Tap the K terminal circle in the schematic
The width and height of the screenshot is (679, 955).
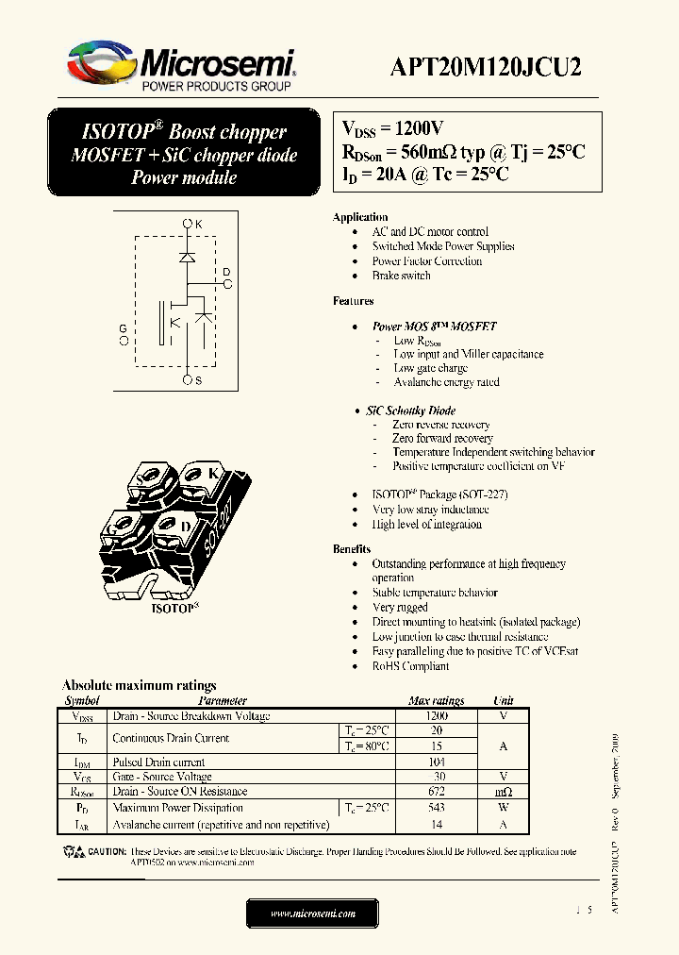(188, 224)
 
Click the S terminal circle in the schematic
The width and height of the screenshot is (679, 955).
(188, 379)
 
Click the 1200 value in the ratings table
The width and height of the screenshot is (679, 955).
(436, 716)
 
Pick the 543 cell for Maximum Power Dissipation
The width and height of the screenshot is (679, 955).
(436, 808)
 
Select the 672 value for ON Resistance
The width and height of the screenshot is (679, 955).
(436, 792)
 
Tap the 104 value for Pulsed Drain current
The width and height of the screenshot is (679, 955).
(436, 762)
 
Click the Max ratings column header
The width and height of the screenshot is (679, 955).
(436, 701)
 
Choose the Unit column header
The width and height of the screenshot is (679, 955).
(503, 701)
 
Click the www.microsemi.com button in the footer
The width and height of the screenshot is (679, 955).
(312, 913)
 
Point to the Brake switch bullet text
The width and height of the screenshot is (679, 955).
(401, 276)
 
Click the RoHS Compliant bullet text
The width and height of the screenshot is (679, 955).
(410, 666)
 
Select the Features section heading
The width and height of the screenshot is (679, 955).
(353, 301)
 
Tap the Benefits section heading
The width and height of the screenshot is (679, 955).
(352, 549)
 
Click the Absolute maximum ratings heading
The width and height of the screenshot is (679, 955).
(139, 686)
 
